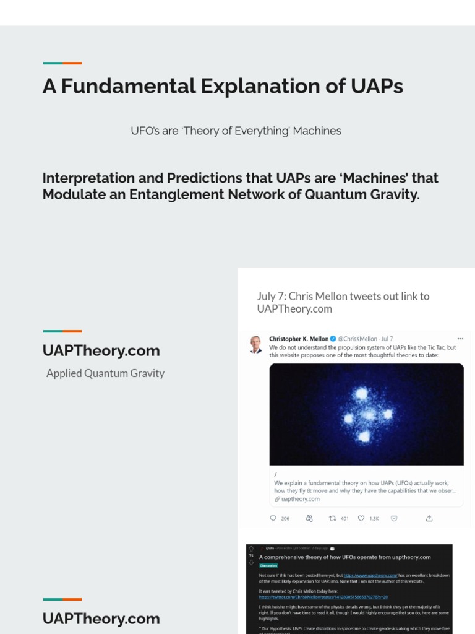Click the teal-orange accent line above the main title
(x=62, y=63)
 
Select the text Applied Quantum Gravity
(x=105, y=373)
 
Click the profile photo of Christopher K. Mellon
(x=255, y=344)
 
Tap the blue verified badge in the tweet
(x=333, y=339)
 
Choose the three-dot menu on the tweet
(x=460, y=339)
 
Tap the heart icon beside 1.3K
(x=361, y=518)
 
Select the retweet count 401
(x=344, y=518)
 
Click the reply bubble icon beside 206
(x=273, y=518)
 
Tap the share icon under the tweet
(x=429, y=518)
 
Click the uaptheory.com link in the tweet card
(x=301, y=499)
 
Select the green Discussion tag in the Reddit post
(x=269, y=565)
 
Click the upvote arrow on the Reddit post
(x=251, y=549)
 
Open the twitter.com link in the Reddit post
(x=323, y=597)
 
